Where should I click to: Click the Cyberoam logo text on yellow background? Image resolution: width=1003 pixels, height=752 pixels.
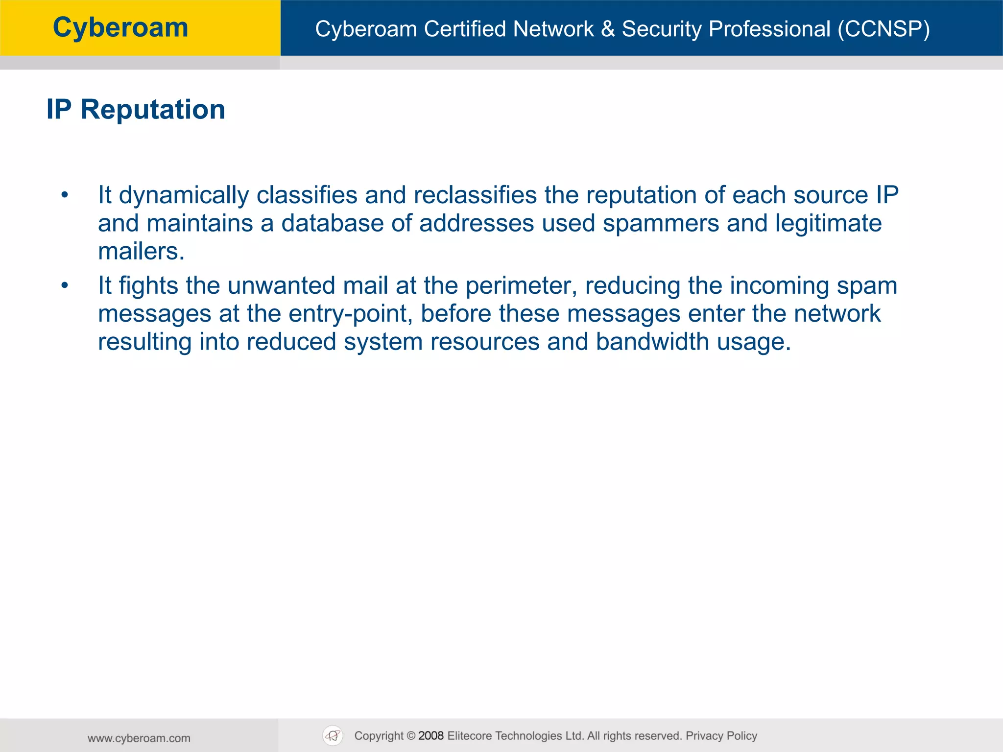pyautogui.click(x=120, y=27)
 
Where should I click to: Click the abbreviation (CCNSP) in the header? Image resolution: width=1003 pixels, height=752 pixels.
pyautogui.click(x=884, y=29)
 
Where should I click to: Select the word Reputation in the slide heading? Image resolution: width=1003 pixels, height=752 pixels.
pyautogui.click(x=153, y=109)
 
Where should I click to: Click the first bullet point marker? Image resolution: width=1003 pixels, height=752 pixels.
pyautogui.click(x=65, y=195)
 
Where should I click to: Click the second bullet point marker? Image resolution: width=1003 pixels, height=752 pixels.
pyautogui.click(x=65, y=285)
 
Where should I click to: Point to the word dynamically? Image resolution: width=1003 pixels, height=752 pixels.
pyautogui.click(x=184, y=195)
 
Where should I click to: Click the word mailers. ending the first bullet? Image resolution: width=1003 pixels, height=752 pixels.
pyautogui.click(x=141, y=252)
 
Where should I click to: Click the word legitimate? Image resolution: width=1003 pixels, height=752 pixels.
pyautogui.click(x=828, y=223)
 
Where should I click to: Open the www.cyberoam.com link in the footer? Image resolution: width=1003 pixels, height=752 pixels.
pyautogui.click(x=139, y=738)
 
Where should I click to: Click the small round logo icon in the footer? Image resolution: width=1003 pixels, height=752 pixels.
pyautogui.click(x=333, y=736)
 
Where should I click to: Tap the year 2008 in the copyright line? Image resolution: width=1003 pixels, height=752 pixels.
pyautogui.click(x=431, y=736)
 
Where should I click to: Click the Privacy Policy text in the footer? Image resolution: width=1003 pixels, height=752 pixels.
pyautogui.click(x=721, y=736)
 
